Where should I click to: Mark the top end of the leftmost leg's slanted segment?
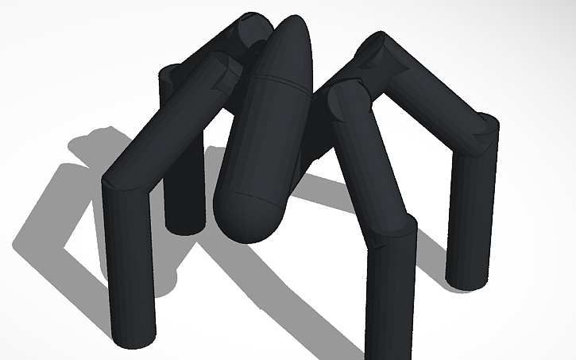coord(222,68)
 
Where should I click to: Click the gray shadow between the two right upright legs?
coord(429,238)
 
